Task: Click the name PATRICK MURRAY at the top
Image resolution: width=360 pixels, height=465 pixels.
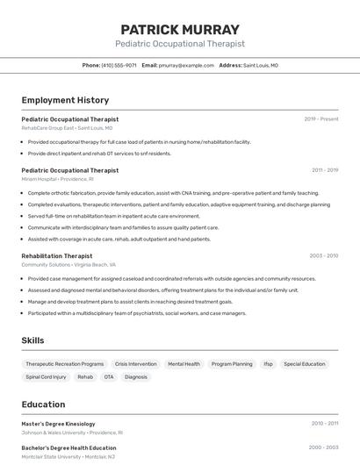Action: click(x=180, y=29)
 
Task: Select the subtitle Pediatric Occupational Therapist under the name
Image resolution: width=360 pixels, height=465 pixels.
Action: click(x=180, y=44)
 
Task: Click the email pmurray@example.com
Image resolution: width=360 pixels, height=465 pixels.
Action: click(x=186, y=65)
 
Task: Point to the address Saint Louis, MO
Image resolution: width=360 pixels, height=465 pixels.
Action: click(x=261, y=65)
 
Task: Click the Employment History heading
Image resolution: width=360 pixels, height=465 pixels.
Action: click(x=65, y=100)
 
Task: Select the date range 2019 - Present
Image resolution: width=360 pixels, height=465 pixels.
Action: click(x=321, y=119)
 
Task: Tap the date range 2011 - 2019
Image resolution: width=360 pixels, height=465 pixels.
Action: click(x=325, y=170)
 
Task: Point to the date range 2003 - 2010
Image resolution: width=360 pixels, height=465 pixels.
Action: click(x=324, y=256)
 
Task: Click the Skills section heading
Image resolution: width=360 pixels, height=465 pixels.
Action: click(x=32, y=340)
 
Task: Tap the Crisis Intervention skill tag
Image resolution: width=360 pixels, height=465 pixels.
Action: click(x=136, y=364)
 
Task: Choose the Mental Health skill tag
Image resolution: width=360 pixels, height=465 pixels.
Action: click(x=184, y=364)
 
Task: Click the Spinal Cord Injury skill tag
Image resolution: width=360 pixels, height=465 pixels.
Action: click(x=46, y=377)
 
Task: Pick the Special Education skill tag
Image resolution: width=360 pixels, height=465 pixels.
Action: click(x=304, y=364)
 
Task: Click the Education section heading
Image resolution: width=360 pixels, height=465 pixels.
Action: click(x=43, y=404)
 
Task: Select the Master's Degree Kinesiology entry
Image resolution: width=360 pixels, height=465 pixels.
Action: click(x=58, y=424)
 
